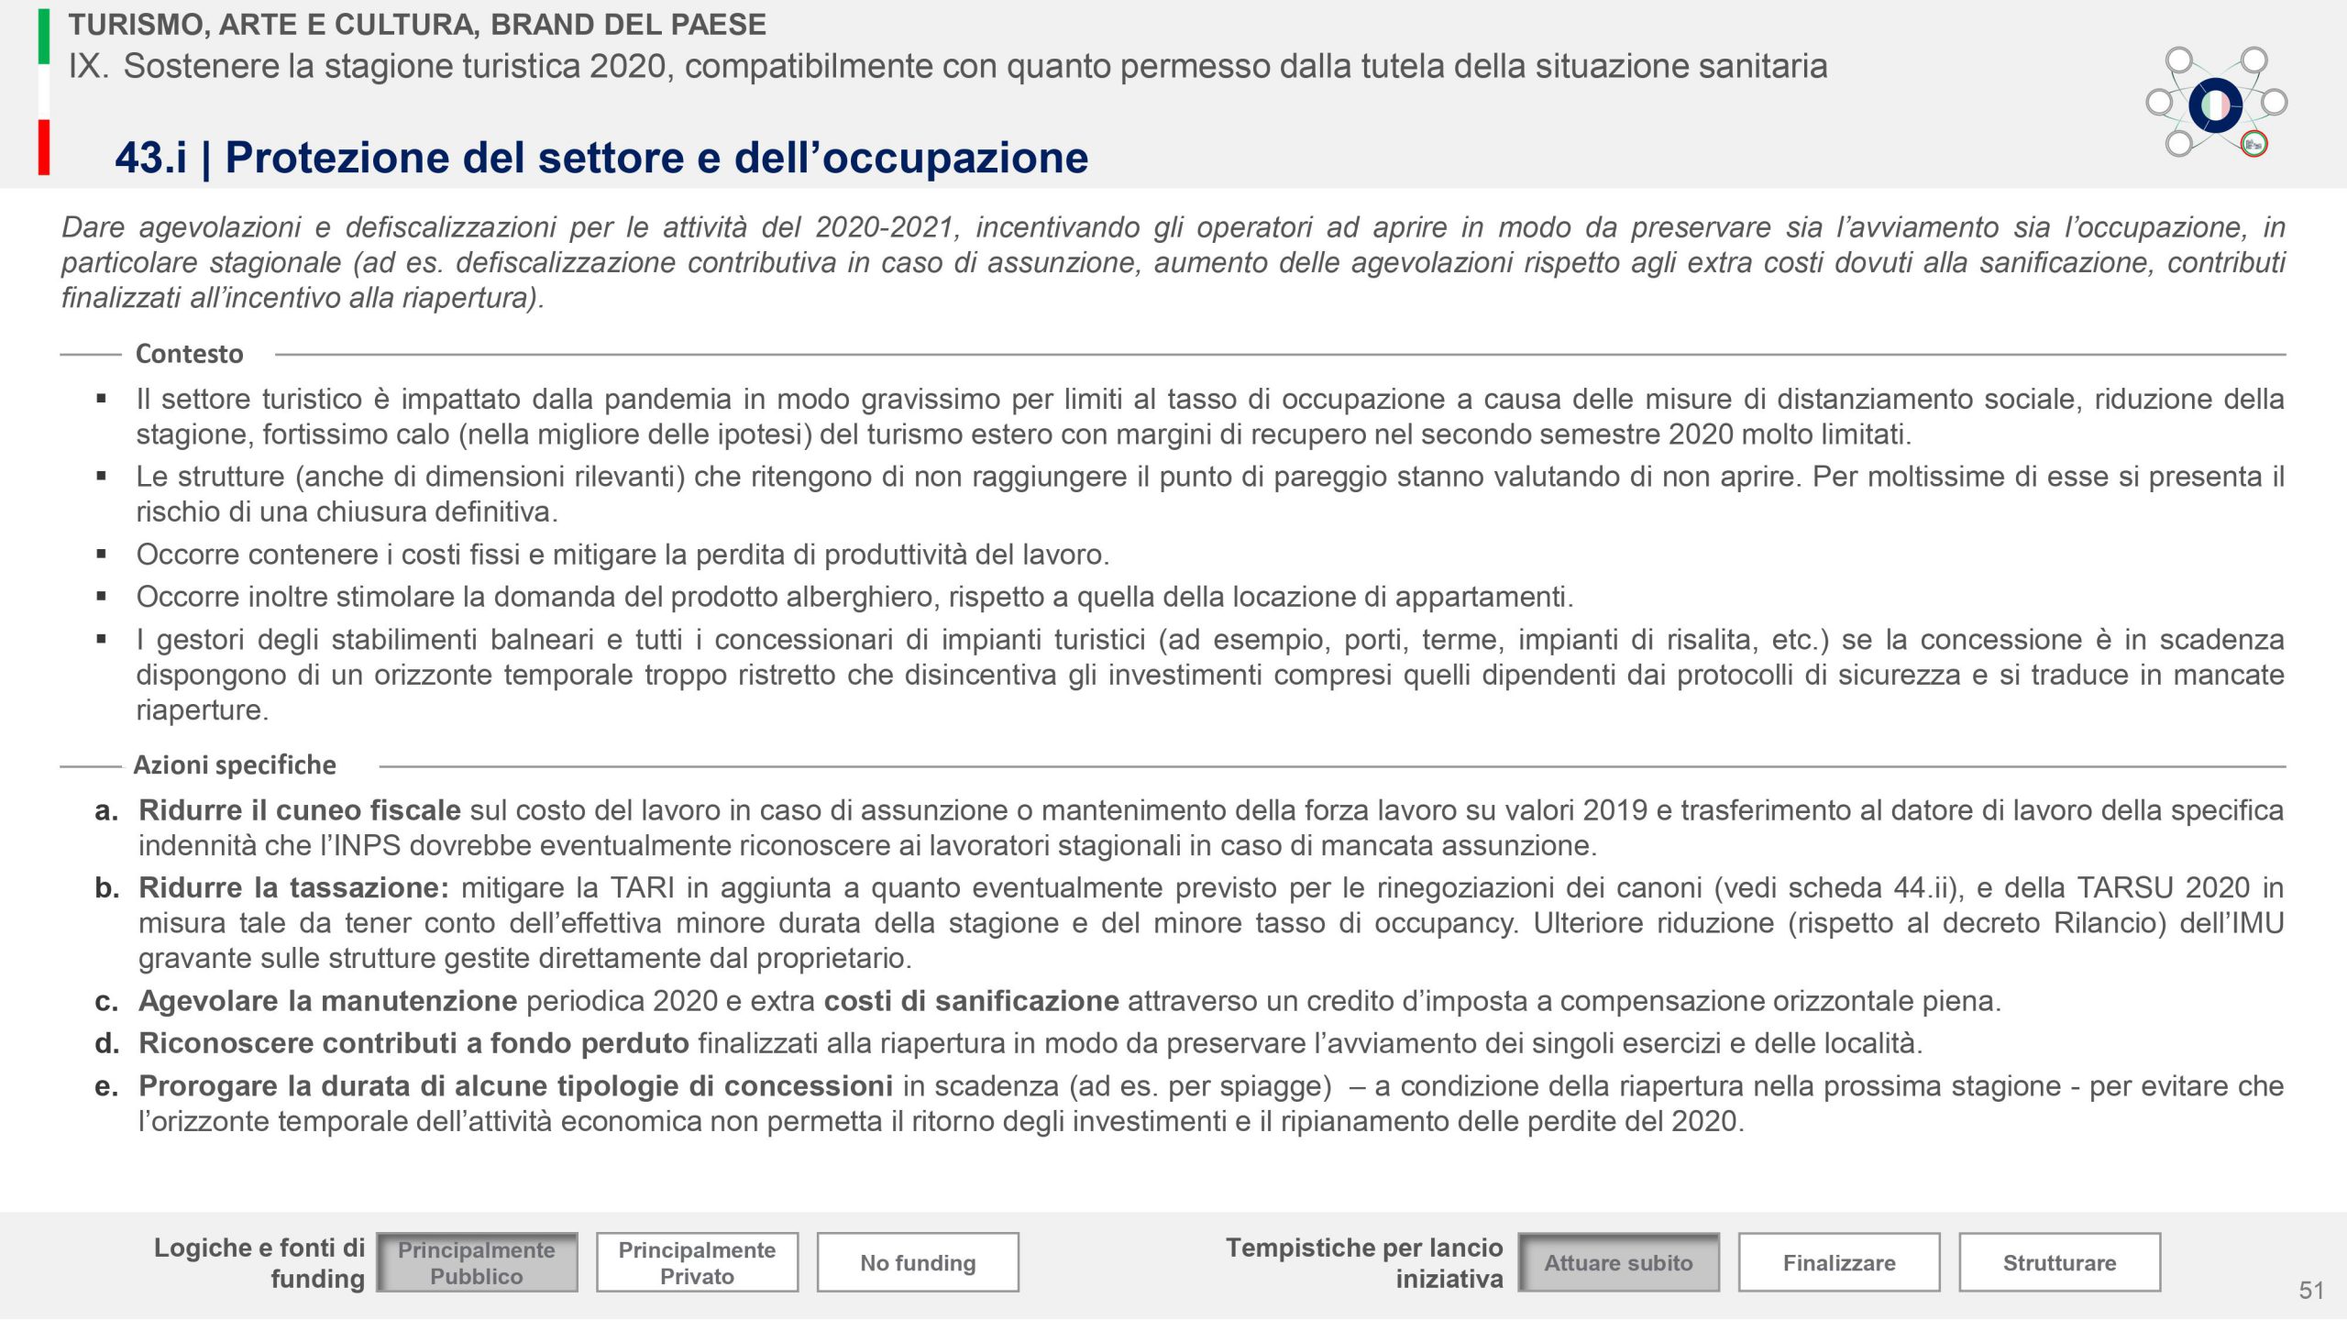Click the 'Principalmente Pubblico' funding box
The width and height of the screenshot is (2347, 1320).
click(477, 1262)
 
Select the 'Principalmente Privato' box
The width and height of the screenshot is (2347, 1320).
click(697, 1262)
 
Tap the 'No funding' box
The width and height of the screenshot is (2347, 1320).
click(918, 1262)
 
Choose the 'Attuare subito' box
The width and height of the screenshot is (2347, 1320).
click(1618, 1262)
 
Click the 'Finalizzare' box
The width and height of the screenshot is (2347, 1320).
click(1839, 1262)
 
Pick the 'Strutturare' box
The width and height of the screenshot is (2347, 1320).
click(2059, 1262)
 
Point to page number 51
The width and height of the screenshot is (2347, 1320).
click(2311, 1291)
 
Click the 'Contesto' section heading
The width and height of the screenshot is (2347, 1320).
click(190, 354)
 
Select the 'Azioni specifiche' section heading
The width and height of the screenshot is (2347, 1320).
click(235, 764)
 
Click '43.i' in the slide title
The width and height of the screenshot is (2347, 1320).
click(150, 158)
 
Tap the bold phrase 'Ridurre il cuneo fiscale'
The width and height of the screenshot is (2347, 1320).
click(300, 810)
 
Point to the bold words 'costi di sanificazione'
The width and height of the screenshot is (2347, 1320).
click(971, 1001)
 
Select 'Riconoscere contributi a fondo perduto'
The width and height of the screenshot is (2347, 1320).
click(413, 1043)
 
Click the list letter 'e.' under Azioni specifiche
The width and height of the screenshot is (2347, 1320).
click(106, 1086)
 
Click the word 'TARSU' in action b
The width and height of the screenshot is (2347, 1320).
click(2125, 887)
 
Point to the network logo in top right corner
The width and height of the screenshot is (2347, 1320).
click(2216, 104)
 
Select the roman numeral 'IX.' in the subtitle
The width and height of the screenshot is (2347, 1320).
click(89, 66)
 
